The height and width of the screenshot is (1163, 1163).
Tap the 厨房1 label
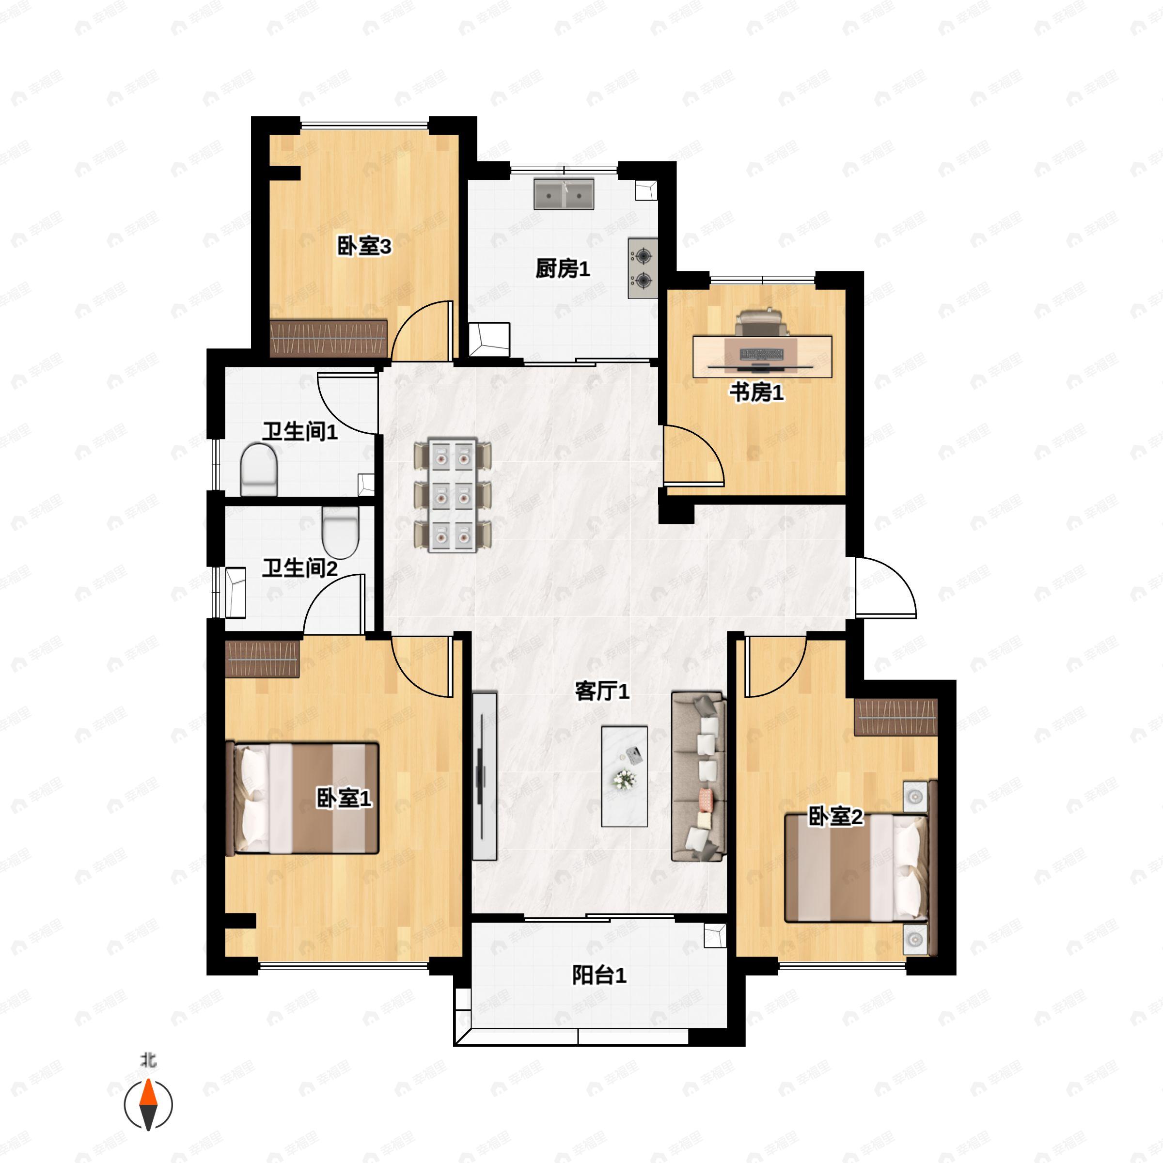(563, 268)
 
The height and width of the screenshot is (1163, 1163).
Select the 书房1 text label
(756, 393)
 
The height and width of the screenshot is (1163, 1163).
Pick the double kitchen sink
(564, 194)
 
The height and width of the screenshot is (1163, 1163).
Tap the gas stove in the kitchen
(643, 268)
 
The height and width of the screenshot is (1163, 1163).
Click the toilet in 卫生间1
(259, 470)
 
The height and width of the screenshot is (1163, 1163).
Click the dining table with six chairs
(453, 495)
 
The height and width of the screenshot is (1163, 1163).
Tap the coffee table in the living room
(625, 776)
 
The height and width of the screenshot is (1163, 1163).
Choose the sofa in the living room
(698, 776)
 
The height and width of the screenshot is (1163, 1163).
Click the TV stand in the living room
(485, 776)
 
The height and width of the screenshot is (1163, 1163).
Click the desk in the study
(762, 356)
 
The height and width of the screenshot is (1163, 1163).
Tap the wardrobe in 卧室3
(328, 338)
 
